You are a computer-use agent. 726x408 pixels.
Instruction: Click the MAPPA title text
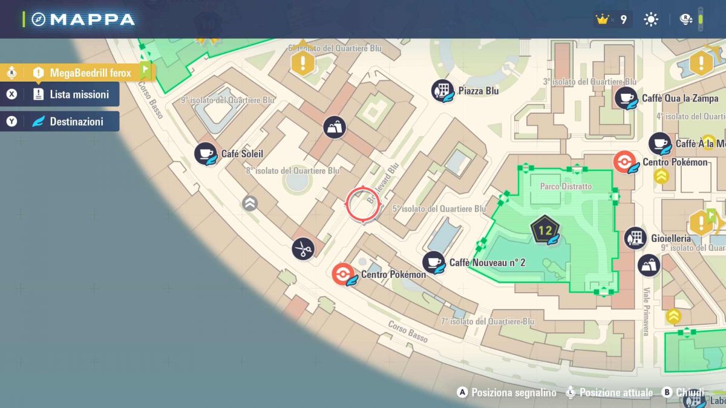[93, 19]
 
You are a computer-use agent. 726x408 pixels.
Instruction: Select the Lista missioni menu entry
[79, 94]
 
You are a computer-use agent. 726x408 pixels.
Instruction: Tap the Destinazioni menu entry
[76, 121]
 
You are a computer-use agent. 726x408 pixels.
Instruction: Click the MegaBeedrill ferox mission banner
[90, 73]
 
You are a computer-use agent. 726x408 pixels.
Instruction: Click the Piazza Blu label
[478, 91]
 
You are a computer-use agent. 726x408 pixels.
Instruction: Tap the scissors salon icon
[302, 248]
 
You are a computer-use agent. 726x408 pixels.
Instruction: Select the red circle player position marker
[363, 206]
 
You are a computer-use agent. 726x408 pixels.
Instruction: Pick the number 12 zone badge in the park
[545, 230]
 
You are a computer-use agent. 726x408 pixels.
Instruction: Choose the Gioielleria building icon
[635, 238]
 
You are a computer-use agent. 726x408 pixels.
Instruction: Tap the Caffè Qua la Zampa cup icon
[626, 98]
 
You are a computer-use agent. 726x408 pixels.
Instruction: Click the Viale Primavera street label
[646, 311]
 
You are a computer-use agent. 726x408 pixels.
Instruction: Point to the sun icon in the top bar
[651, 20]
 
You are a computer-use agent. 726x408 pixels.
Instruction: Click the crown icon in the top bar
[601, 20]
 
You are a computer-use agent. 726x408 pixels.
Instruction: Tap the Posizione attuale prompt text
[616, 392]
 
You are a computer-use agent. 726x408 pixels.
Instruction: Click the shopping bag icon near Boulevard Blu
[334, 128]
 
